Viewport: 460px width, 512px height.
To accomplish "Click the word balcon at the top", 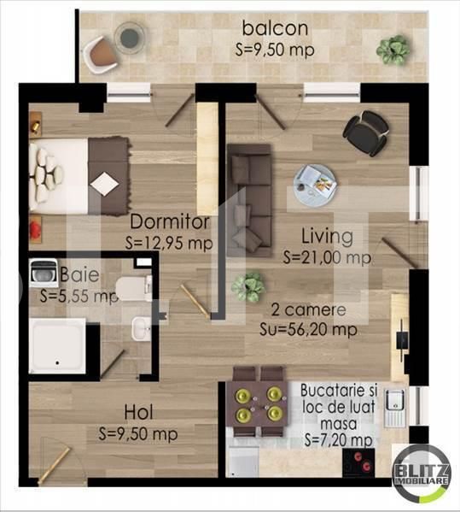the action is (x=275, y=28).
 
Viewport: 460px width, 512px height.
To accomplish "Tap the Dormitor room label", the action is (x=170, y=222).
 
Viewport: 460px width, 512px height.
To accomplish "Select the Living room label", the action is (x=327, y=237).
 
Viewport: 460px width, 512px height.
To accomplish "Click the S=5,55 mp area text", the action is (x=79, y=296).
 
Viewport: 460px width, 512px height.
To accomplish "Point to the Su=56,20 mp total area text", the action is (x=308, y=329).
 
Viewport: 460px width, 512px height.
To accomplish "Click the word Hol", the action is (x=138, y=412).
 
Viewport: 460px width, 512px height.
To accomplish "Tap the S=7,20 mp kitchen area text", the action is (x=339, y=440).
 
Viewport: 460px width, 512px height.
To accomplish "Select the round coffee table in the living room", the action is (x=315, y=185).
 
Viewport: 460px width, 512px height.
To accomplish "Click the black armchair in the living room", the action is (x=366, y=132).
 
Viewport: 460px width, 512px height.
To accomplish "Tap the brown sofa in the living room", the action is (x=250, y=200).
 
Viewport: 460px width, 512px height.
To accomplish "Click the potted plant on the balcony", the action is (x=393, y=50).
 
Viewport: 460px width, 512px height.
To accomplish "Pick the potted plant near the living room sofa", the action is (x=248, y=285).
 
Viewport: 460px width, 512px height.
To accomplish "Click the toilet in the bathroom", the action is (x=134, y=288).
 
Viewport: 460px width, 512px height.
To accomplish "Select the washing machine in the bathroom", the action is (x=43, y=273).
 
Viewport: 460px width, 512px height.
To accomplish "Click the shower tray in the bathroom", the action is (x=57, y=346).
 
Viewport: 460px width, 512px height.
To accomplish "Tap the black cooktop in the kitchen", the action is (x=358, y=462).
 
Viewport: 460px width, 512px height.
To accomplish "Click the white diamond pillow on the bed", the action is (x=104, y=184).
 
